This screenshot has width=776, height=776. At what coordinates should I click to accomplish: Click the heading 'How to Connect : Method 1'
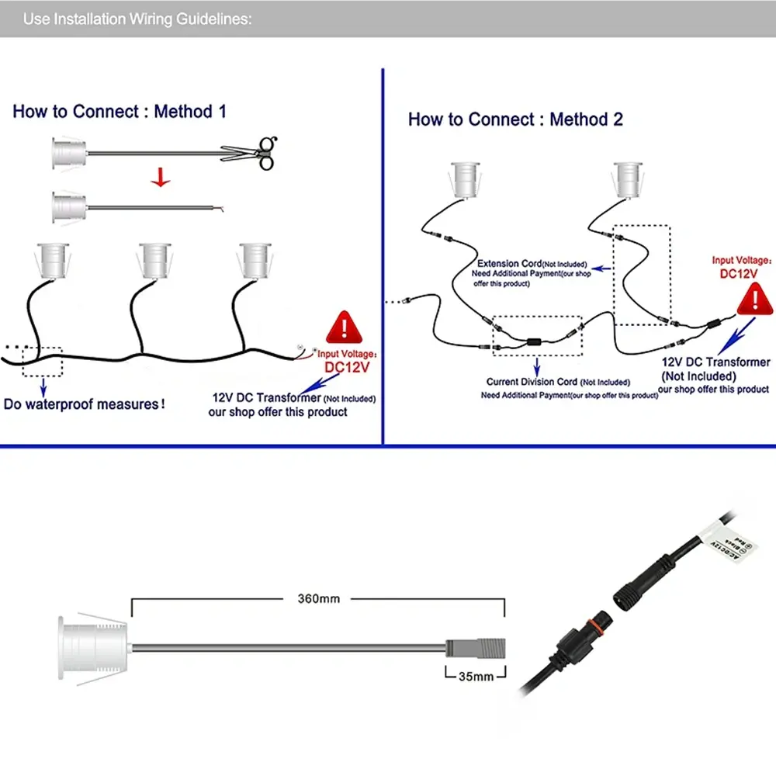[120, 112]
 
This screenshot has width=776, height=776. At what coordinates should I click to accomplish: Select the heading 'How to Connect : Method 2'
[515, 120]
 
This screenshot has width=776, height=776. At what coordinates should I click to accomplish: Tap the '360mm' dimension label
[319, 599]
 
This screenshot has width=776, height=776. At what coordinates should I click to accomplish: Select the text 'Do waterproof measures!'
[85, 404]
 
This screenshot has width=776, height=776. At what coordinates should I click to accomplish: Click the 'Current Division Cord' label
[532, 382]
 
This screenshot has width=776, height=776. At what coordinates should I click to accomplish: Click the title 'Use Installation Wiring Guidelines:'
[137, 19]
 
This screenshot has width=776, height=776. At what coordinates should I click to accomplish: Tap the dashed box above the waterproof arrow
[42, 360]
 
